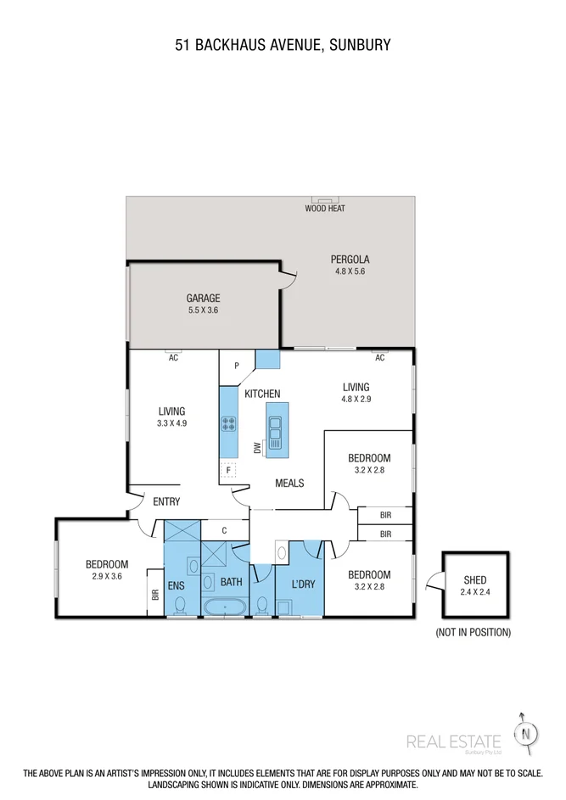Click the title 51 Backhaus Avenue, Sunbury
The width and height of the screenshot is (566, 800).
[x=283, y=45]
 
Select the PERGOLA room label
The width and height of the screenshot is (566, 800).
[x=351, y=260]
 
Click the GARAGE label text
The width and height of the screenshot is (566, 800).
[x=204, y=298]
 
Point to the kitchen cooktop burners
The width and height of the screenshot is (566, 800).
[x=228, y=423]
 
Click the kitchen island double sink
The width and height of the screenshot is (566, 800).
[x=275, y=429]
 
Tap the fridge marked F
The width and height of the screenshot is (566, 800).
[x=227, y=469]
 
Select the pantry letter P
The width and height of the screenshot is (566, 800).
[x=238, y=366]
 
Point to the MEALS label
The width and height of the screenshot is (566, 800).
[x=289, y=483]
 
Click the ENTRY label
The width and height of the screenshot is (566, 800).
[x=166, y=501]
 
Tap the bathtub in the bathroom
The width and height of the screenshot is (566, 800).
[x=223, y=607]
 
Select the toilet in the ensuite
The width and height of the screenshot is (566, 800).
[x=180, y=606]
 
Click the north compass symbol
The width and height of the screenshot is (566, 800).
[x=529, y=732]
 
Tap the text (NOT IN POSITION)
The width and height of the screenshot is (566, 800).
[x=473, y=632]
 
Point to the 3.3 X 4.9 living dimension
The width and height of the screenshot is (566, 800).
[x=171, y=422]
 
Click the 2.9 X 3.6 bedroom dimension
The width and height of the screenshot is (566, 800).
[x=107, y=576]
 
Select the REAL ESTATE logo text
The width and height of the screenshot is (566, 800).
[x=454, y=741]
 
